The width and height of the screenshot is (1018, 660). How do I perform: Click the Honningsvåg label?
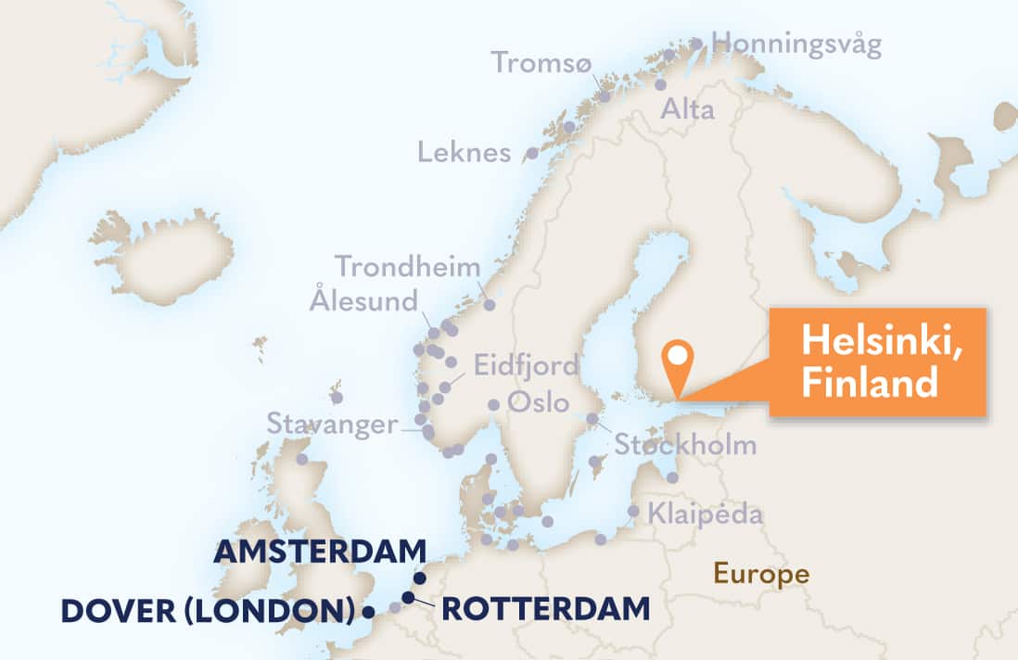click(x=796, y=44)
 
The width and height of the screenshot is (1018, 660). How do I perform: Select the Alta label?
click(x=687, y=110)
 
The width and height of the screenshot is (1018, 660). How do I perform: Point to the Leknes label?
click(x=464, y=152)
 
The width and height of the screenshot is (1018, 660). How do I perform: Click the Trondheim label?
click(x=408, y=267)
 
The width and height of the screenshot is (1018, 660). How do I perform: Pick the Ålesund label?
click(x=364, y=299)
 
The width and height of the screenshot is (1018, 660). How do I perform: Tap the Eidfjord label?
click(x=526, y=364)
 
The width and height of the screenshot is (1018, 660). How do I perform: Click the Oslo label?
click(x=533, y=404)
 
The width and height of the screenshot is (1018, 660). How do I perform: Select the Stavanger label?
click(x=332, y=425)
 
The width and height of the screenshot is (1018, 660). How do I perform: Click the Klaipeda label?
click(x=706, y=513)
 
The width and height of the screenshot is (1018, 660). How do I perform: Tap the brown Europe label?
click(x=760, y=574)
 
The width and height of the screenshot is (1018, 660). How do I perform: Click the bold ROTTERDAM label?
click(x=545, y=609)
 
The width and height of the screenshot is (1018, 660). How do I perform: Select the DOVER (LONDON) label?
click(x=208, y=611)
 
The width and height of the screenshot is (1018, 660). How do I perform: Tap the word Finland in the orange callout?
click(x=870, y=383)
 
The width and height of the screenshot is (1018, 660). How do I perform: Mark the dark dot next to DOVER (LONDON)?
click(x=368, y=612)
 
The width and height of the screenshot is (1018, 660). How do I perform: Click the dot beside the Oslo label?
click(x=494, y=404)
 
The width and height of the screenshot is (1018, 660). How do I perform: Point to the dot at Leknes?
click(x=532, y=153)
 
